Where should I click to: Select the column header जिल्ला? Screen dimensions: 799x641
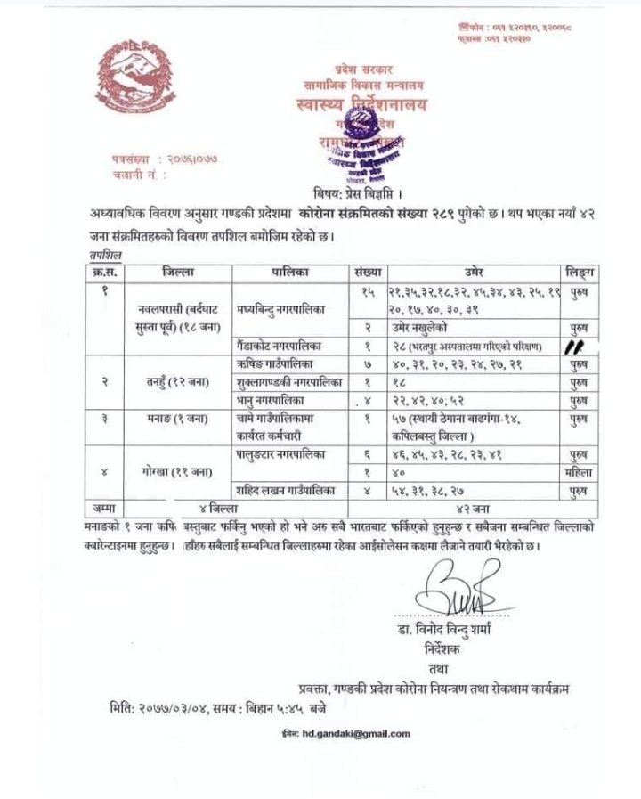[178, 272]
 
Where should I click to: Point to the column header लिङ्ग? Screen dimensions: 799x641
[580, 272]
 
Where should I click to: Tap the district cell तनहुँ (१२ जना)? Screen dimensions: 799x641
[178, 382]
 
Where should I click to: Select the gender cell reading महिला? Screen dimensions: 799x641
[580, 473]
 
